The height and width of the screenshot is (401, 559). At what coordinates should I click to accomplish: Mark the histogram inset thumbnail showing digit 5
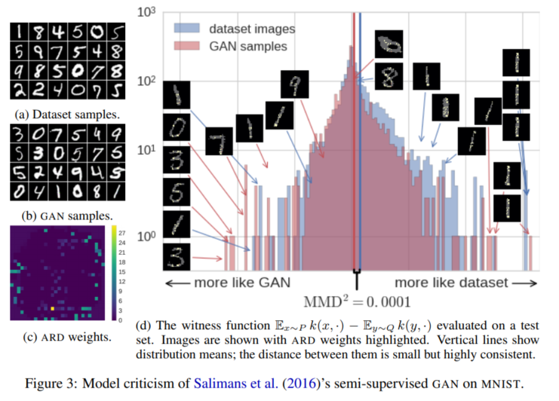click(x=177, y=193)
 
